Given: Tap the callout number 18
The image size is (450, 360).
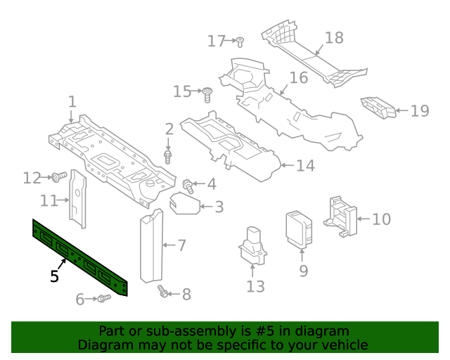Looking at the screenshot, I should point(334,38).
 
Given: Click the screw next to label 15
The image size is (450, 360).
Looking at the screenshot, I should point(208,92).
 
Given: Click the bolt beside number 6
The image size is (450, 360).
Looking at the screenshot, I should point(103,300).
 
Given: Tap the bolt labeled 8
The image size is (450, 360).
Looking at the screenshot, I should point(163,291).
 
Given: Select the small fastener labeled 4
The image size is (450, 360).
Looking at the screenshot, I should point(188,186).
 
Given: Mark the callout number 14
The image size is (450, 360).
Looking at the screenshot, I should point(305,166).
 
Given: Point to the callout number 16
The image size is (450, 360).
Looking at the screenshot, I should point(299,77).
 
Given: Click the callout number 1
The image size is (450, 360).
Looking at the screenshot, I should point(72,103).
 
